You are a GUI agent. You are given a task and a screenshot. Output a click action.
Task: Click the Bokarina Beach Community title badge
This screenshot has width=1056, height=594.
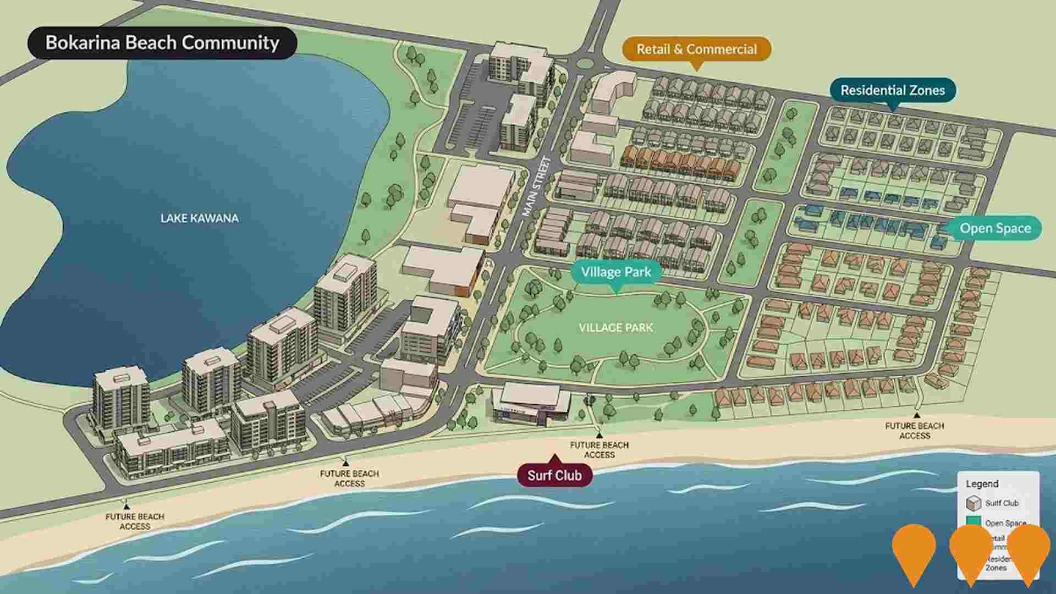(x=162, y=43)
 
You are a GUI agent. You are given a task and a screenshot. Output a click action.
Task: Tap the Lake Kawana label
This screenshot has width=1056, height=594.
(x=200, y=218)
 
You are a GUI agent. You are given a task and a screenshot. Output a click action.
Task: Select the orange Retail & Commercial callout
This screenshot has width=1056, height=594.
(x=696, y=50)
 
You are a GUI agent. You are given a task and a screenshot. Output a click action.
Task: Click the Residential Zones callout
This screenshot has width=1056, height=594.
(x=892, y=90)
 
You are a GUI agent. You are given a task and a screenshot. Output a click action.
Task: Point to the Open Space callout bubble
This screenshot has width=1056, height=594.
(x=994, y=228)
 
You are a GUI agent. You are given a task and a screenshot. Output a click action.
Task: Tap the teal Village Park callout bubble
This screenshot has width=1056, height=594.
(x=616, y=272)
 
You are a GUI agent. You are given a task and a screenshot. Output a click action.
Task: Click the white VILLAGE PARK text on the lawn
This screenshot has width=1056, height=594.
(x=615, y=328)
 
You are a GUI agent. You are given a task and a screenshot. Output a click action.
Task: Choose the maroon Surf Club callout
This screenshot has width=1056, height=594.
(x=554, y=475)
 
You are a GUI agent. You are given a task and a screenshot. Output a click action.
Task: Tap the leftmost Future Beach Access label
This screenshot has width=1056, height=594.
(x=135, y=521)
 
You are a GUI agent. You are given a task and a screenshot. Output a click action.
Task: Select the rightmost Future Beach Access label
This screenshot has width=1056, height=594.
(x=915, y=430)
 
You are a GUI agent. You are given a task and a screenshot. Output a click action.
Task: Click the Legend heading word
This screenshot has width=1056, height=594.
(x=982, y=484)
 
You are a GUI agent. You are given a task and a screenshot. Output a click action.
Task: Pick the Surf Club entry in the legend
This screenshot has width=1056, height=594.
(x=1001, y=503)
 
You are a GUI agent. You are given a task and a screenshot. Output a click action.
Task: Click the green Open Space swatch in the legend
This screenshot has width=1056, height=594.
(x=974, y=522)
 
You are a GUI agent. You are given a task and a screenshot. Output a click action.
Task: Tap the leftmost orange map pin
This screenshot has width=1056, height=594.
(x=914, y=550)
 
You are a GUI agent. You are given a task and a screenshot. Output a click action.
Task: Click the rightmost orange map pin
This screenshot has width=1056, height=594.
(x=1028, y=550)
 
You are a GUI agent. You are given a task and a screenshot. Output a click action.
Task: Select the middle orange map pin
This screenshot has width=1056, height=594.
(x=971, y=550)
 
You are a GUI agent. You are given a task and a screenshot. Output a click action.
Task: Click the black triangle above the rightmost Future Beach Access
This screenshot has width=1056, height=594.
(x=917, y=415)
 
